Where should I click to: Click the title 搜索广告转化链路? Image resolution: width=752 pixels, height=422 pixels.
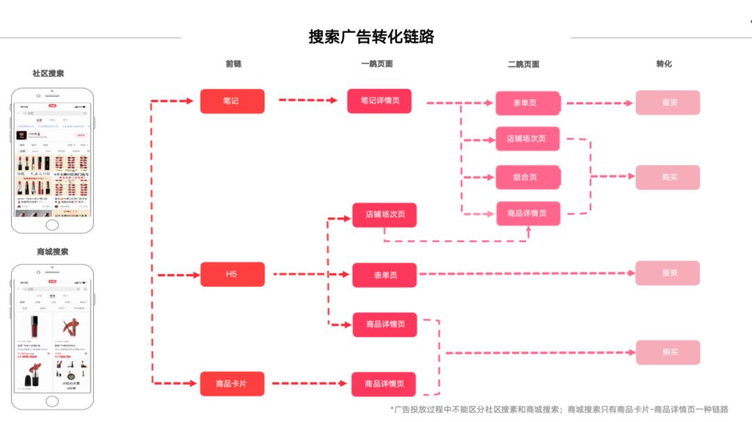coord(371,37)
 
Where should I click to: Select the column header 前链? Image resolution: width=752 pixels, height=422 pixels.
coord(233,64)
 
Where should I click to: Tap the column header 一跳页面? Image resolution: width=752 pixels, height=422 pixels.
coord(377,64)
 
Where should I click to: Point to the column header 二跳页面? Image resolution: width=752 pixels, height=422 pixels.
coord(524,64)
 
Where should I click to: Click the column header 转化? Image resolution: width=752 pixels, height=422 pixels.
coord(664,64)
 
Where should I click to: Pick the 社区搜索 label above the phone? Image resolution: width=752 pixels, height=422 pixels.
coord(48,73)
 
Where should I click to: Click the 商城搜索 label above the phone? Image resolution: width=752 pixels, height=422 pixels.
coord(52,251)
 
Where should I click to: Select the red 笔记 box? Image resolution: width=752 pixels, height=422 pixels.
coord(232,101)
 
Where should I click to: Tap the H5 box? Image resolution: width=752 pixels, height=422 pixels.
coord(232,274)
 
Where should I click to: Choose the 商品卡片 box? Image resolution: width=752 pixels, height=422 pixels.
coord(232,384)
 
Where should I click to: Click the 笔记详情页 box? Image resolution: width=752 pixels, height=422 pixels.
coord(379,101)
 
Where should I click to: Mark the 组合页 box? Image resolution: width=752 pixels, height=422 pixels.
coord(528,177)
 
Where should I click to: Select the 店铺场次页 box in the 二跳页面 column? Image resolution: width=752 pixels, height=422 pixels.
coord(528,139)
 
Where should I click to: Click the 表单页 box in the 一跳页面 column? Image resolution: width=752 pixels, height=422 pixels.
coord(384,275)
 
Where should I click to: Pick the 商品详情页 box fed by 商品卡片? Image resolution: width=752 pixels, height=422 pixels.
coord(384,384)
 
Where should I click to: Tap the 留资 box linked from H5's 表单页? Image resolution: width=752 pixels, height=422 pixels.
coord(668,273)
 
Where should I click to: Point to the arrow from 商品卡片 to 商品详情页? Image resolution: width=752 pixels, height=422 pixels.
coord(308,384)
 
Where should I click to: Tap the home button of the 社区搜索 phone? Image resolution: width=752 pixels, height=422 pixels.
coord(52,225)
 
